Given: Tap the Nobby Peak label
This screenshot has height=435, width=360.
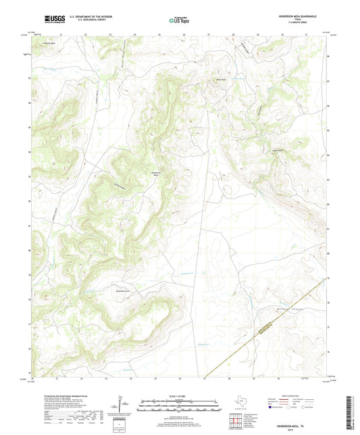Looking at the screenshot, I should [220, 79].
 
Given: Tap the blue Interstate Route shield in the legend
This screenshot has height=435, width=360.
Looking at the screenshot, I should [273, 408].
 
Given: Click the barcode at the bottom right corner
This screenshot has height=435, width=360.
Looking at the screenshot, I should [353, 413].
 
